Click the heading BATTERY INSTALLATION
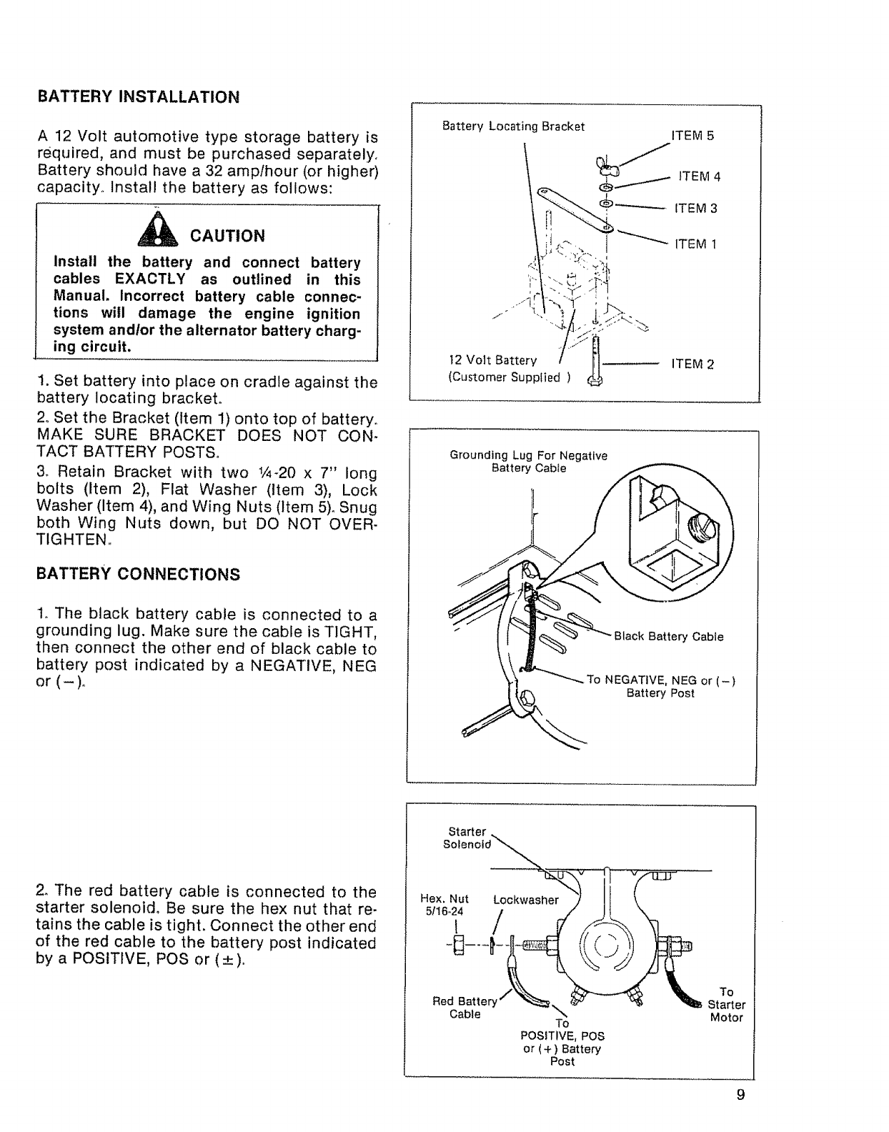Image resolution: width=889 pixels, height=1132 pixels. pos(138,97)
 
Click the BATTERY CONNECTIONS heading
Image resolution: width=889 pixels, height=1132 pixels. pos(138,575)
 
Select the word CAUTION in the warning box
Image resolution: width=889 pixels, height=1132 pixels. pos(227,236)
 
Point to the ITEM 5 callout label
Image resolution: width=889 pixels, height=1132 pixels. pos(692,136)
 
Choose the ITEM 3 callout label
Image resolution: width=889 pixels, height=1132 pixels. pos(695,209)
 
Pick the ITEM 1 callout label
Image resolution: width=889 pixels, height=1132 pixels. pos(695,244)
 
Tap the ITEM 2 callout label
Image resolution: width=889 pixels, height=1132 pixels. pos(692,364)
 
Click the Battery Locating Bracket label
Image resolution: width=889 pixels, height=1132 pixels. pos(513,126)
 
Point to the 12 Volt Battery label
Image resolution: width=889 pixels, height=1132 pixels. pos(492,360)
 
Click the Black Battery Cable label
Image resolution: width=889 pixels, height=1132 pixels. pos(669,637)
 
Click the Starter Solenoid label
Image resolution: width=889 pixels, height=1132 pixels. pos(467,838)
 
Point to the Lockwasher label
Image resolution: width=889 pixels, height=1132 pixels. pos(526,900)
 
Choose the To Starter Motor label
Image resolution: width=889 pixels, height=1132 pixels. pos(726,1005)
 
